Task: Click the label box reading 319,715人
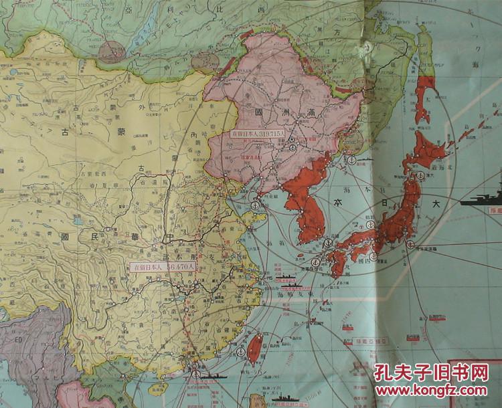[258, 133]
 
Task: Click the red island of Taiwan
[254, 348]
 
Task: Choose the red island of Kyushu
[339, 262]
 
